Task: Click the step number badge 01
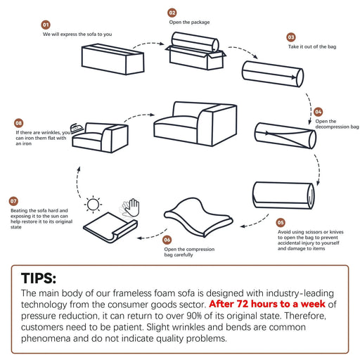point(46,25)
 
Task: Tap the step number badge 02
point(172,13)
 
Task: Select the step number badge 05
point(281,222)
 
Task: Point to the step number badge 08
point(19,123)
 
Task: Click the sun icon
point(93,205)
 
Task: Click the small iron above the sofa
point(77,128)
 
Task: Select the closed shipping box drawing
point(112,59)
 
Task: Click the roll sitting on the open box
point(195,42)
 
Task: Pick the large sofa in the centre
point(195,124)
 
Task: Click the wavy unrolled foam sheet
point(198,217)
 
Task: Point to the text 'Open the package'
point(189,22)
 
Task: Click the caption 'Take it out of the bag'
point(312,46)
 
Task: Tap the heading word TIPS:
point(39,278)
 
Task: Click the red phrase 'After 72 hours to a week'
point(267,304)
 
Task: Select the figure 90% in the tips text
point(194,316)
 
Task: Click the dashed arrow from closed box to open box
point(148,44)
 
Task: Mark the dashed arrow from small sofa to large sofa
point(139,115)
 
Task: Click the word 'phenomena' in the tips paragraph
point(46,339)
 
